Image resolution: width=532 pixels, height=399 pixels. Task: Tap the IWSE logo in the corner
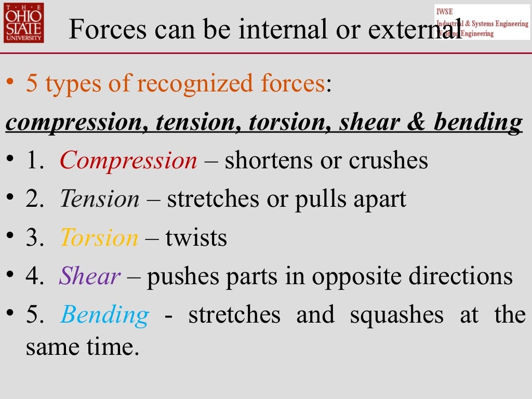pyautogui.click(x=482, y=22)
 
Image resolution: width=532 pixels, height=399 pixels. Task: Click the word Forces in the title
pyautogui.click(x=105, y=30)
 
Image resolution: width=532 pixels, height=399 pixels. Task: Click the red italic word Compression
pyautogui.click(x=128, y=161)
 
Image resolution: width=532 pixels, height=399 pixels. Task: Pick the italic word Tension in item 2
pyautogui.click(x=100, y=199)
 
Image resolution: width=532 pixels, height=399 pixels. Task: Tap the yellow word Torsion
pyautogui.click(x=99, y=238)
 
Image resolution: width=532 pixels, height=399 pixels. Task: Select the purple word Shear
pyautogui.click(x=90, y=276)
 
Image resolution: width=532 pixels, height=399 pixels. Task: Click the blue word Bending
pyautogui.click(x=105, y=315)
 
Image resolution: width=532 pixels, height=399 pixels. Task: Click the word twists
pyautogui.click(x=196, y=238)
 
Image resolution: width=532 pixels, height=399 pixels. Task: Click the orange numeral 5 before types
pyautogui.click(x=32, y=84)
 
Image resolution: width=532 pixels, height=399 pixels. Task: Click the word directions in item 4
pyautogui.click(x=460, y=276)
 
